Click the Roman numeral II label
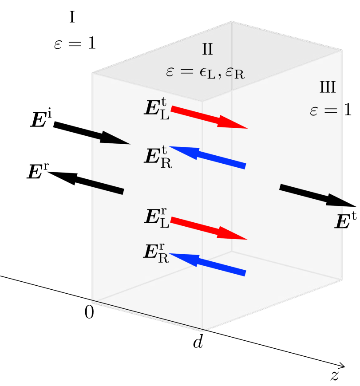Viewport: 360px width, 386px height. [208, 49]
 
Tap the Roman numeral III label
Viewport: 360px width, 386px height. [328, 87]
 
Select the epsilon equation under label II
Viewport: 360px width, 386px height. [205, 72]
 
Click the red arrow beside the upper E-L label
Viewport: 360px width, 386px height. [209, 118]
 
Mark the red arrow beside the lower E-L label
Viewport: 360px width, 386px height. [209, 228]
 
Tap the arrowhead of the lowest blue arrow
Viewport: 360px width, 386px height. [182, 258]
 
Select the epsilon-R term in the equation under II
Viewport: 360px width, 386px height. [235, 73]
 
